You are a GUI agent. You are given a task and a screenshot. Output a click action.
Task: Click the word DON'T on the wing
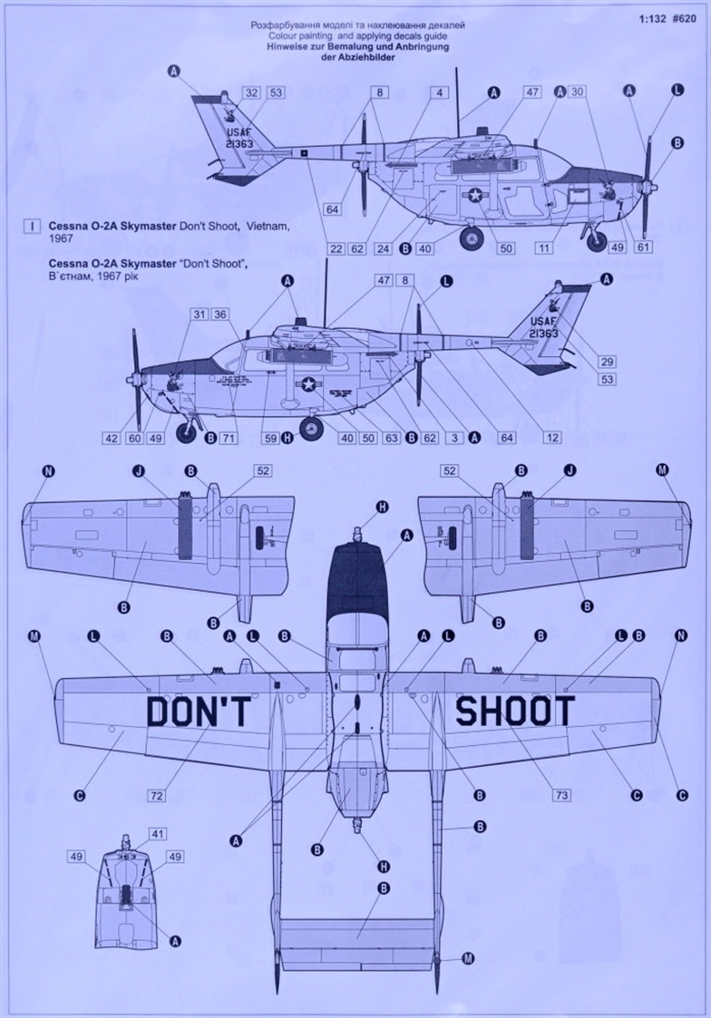click(198, 713)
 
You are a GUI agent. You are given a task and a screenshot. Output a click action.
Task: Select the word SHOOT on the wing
click(515, 712)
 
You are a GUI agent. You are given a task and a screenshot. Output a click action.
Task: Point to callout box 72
click(156, 795)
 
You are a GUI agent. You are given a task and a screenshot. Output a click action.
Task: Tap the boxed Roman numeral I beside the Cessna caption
click(33, 226)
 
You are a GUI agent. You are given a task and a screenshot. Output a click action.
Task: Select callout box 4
click(439, 92)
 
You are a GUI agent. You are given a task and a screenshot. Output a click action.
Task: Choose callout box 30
click(579, 92)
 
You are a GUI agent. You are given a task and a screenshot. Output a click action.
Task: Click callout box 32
click(252, 92)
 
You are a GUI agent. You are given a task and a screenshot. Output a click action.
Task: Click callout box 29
click(607, 362)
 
